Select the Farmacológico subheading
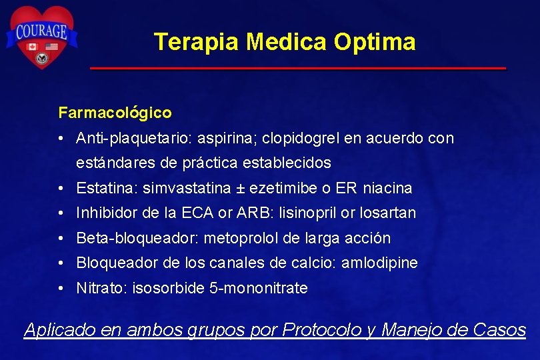coord(115,113)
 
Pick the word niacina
coord(388,188)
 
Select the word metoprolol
coord(241,238)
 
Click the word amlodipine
coord(379,263)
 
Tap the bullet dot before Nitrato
coord(61,289)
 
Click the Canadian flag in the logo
coord(31,47)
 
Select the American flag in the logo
coord(51,47)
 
